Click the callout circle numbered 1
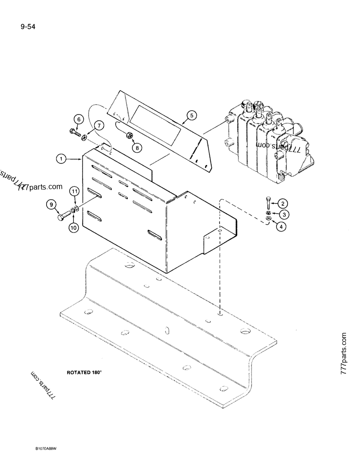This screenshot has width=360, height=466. pyautogui.click(x=61, y=159)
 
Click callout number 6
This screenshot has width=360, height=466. pyautogui.click(x=78, y=120)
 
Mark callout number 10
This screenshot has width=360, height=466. pyautogui.click(x=73, y=228)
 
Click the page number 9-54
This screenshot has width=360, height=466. pyautogui.click(x=28, y=27)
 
